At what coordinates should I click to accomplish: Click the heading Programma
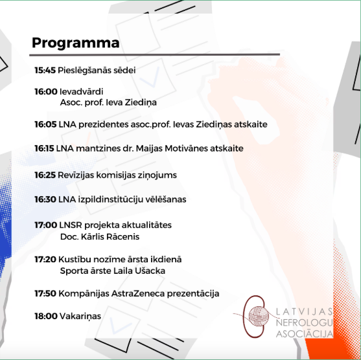pos(76,43)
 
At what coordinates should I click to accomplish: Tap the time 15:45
pos(45,70)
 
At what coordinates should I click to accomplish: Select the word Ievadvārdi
pos(81,91)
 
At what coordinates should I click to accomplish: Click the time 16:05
pos(45,124)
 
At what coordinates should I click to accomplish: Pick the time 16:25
pos(45,175)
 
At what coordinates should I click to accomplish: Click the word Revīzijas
pos(76,175)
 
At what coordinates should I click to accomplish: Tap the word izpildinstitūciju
pos(111,199)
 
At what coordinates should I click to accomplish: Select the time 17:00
pos(46,225)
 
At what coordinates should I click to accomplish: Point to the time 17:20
pos(45,259)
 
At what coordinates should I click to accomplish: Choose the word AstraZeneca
pos(138,293)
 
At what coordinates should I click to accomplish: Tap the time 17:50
pos(45,293)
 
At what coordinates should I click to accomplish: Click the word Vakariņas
pos(80,316)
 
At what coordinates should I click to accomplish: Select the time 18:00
pos(46,316)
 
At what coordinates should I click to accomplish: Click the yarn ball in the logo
pos(259,316)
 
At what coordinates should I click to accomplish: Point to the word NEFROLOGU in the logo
pos(304,322)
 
